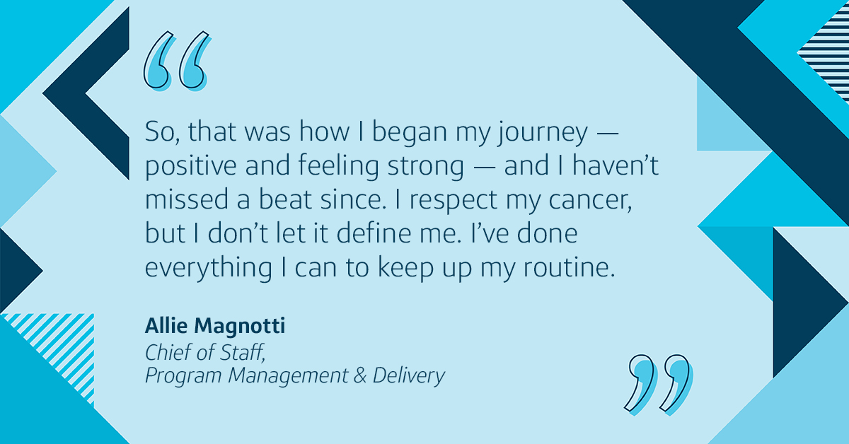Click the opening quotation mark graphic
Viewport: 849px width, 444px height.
coord(177,62)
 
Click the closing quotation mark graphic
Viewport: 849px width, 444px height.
coord(659,385)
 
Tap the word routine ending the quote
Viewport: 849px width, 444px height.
coord(569,267)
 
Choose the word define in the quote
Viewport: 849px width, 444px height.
coord(374,233)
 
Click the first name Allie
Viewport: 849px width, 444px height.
coord(166,326)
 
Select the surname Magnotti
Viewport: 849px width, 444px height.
coord(240,326)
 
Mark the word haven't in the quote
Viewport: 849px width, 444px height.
coord(615,165)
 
